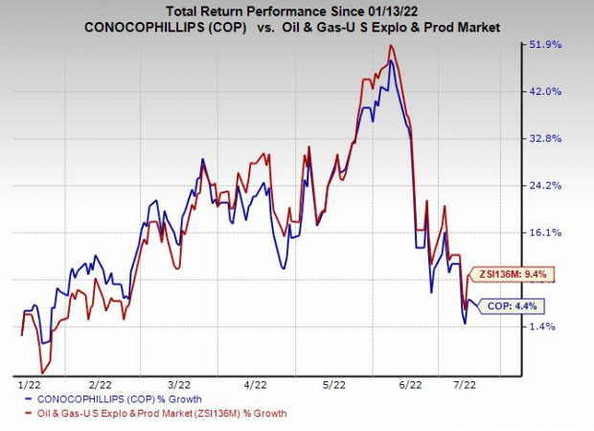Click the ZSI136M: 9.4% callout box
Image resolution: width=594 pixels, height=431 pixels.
point(514,275)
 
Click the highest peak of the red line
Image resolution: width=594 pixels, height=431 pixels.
point(388,46)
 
